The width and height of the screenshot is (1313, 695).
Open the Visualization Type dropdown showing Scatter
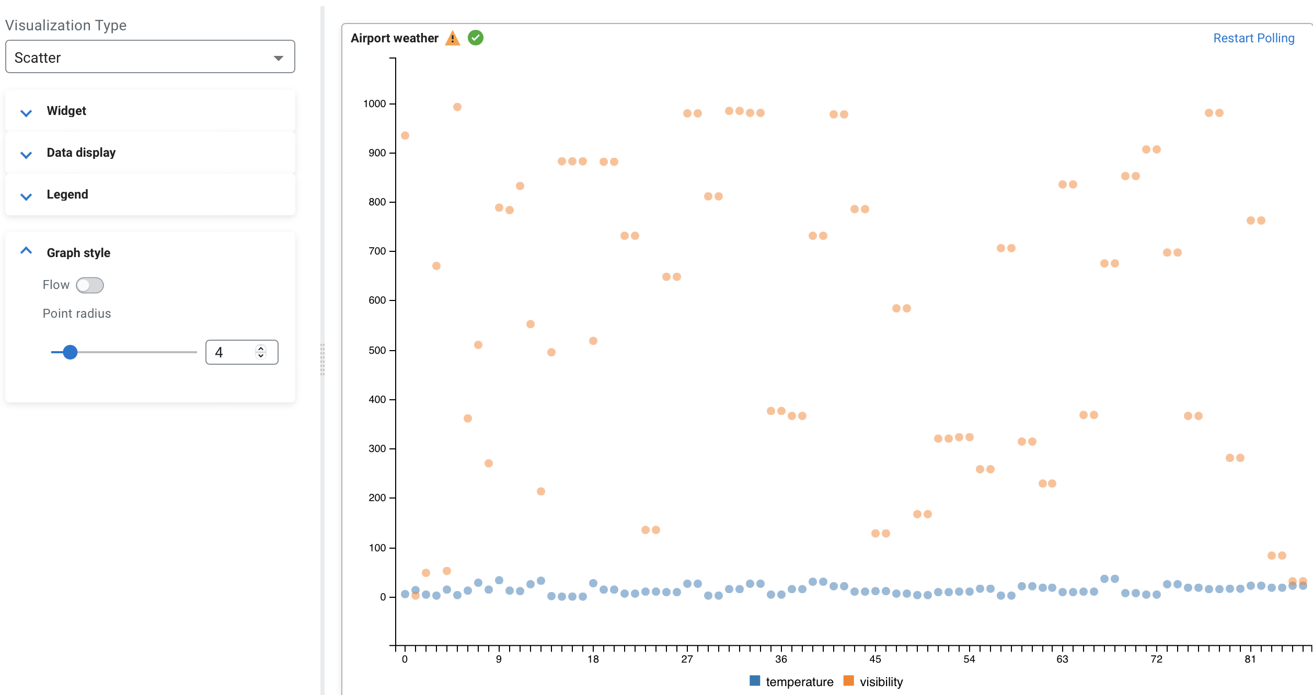[149, 57]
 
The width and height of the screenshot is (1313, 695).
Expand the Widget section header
[66, 111]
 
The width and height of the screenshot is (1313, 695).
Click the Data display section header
[81, 153]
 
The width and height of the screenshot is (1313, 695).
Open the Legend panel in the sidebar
[67, 194]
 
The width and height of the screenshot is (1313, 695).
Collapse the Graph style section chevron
[26, 251]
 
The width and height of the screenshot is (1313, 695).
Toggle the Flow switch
[89, 285]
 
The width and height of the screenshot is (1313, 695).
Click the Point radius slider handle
[70, 352]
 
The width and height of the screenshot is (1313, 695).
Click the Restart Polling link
[1253, 38]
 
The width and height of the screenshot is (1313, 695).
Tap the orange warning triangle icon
[452, 38]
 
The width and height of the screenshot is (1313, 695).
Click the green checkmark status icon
[476, 38]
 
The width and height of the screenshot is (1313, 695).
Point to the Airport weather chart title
[394, 38]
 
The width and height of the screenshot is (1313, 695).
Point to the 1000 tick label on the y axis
[374, 103]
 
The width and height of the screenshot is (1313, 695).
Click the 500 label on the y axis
[377, 350]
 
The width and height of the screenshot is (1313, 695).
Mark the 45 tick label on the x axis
[875, 659]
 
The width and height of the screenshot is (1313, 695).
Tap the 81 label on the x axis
[1250, 659]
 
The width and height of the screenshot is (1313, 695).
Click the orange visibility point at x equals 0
[405, 136]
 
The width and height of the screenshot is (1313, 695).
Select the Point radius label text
[77, 314]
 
